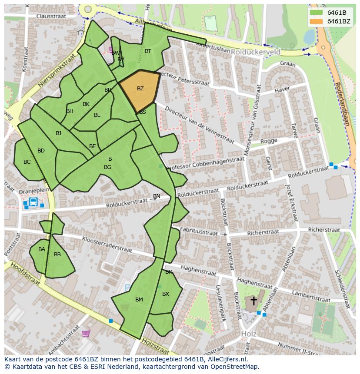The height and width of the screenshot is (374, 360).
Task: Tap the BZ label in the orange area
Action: (x=140, y=89)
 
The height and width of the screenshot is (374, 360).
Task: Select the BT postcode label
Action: (x=148, y=51)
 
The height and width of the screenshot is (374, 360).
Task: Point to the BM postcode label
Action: (x=139, y=300)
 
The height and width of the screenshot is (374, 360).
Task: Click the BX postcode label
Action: (x=166, y=294)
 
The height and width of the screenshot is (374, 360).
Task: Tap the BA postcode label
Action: (x=42, y=249)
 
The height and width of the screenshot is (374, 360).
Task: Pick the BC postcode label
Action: (x=27, y=162)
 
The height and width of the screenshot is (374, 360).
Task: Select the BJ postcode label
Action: (x=58, y=133)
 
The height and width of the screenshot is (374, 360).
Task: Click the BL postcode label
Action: (x=97, y=115)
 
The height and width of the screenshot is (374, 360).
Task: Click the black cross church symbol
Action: (x=253, y=301)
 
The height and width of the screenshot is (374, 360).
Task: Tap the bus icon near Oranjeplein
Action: (x=33, y=202)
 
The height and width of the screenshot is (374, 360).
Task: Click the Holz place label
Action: (x=248, y=334)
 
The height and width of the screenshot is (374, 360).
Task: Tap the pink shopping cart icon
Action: (x=86, y=334)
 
